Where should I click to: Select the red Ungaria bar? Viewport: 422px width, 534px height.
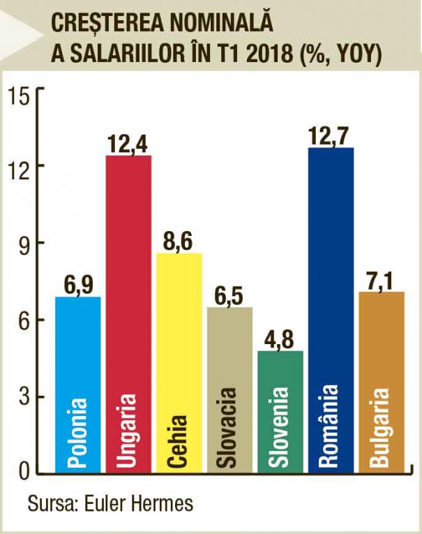coord(128,314)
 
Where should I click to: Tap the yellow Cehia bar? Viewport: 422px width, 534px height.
coord(179,363)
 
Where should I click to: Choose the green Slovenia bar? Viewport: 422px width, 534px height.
coord(280,412)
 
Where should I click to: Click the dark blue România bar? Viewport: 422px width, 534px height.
coord(331,311)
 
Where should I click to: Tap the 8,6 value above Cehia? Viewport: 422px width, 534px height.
coord(179,242)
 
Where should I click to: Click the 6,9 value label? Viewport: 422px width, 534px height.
coord(78,285)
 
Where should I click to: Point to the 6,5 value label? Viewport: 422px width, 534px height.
coord(230,296)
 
